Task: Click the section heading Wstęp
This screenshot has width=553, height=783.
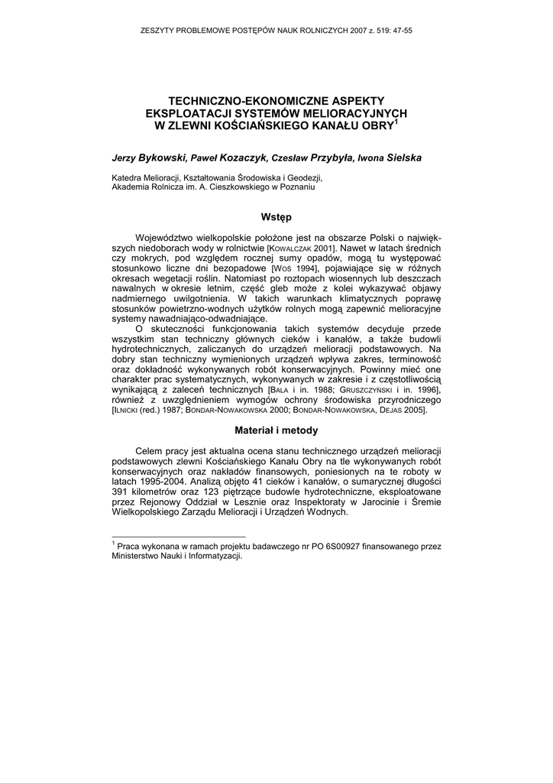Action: pos(276,217)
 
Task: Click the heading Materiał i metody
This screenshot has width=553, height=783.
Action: pos(276,430)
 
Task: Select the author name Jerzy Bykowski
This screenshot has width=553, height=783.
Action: pos(149,158)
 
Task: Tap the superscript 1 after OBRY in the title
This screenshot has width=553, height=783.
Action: pos(396,120)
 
